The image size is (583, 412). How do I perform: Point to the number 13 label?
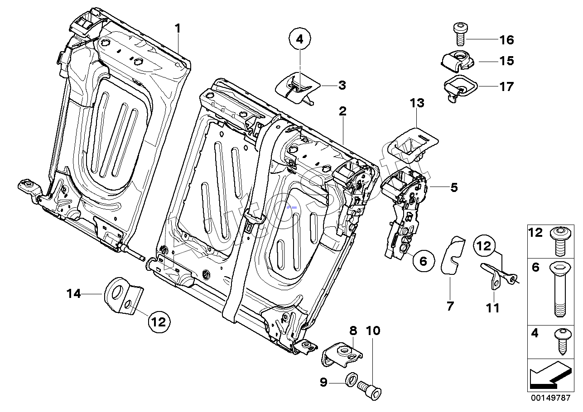[417, 104]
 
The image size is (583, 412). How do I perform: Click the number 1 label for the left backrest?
[178, 29]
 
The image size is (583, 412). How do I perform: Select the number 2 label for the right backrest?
[343, 110]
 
